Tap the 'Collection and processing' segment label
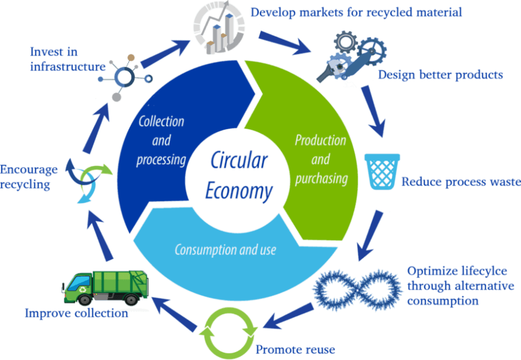[161, 140]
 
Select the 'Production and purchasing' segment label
[321, 159]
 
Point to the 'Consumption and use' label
[225, 249]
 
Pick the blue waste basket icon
[382, 171]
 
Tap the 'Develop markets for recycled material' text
[356, 11]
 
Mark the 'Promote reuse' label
[296, 350]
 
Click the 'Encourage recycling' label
[29, 178]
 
